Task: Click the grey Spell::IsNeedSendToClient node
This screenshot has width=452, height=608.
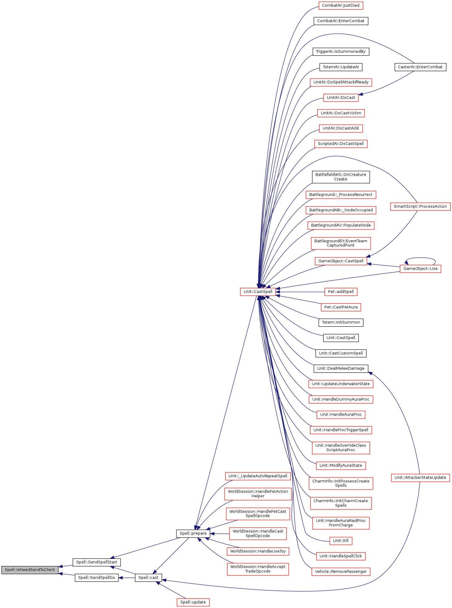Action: point(30,570)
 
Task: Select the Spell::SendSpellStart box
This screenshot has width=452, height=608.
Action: point(97,562)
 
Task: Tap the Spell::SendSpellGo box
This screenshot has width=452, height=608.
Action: point(97,578)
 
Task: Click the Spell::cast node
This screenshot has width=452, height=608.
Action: point(148,578)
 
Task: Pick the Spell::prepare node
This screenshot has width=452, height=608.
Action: point(193,533)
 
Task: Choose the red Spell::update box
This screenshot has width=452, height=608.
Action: point(193,602)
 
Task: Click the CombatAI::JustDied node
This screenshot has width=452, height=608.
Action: point(341,5)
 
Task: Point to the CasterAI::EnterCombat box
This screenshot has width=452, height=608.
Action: point(420,67)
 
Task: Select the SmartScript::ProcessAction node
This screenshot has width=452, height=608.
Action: point(420,207)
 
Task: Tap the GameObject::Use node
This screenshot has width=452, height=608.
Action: point(420,269)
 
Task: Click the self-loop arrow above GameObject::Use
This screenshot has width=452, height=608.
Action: point(420,258)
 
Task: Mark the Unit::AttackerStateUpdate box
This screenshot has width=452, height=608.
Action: point(420,478)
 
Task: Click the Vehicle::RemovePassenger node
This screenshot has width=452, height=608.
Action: point(341,572)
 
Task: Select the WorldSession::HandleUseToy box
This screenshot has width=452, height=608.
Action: point(258,551)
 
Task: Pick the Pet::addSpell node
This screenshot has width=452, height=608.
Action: point(341,292)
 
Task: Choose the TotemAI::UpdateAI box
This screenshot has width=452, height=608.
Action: point(341,67)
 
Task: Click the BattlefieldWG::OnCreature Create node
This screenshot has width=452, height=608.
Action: point(341,177)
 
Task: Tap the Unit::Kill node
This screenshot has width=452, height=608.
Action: point(341,541)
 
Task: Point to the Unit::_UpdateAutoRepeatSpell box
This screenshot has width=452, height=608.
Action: point(258,476)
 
